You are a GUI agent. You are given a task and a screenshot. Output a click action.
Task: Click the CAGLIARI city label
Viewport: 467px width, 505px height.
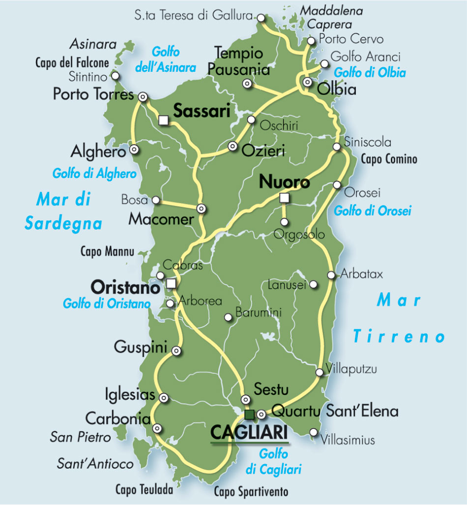(249, 433)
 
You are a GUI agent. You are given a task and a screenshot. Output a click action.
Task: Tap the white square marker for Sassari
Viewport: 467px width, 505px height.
(164, 120)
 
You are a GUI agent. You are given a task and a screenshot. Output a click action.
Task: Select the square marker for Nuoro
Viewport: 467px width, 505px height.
(284, 198)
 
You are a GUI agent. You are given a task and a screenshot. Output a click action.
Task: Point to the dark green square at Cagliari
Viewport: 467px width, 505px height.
(250, 414)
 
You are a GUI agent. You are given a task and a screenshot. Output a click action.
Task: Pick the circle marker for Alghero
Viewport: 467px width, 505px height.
(134, 150)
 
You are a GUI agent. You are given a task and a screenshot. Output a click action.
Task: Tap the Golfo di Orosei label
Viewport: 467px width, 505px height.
(372, 211)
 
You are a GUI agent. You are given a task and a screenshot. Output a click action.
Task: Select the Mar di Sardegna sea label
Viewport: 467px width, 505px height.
(63, 212)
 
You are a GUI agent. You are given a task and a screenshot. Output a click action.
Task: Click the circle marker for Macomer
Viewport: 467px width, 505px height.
(201, 208)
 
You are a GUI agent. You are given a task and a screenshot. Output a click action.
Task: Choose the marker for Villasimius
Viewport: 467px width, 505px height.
(314, 432)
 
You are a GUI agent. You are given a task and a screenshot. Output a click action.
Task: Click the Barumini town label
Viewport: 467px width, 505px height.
(258, 312)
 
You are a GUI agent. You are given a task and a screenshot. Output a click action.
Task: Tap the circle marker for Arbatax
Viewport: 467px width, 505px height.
(331, 275)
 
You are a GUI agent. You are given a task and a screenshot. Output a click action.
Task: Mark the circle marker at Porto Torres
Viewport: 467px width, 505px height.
(143, 97)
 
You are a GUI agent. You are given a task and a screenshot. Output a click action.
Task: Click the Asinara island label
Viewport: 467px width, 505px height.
(93, 45)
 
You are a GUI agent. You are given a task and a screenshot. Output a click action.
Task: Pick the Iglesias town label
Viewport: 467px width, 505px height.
(130, 394)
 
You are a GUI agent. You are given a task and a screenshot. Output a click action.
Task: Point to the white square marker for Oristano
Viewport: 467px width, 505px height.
(171, 283)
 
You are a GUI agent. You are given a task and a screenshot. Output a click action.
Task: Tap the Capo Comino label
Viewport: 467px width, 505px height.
(389, 159)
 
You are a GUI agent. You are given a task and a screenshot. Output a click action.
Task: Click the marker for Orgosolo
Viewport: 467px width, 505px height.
(284, 222)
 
